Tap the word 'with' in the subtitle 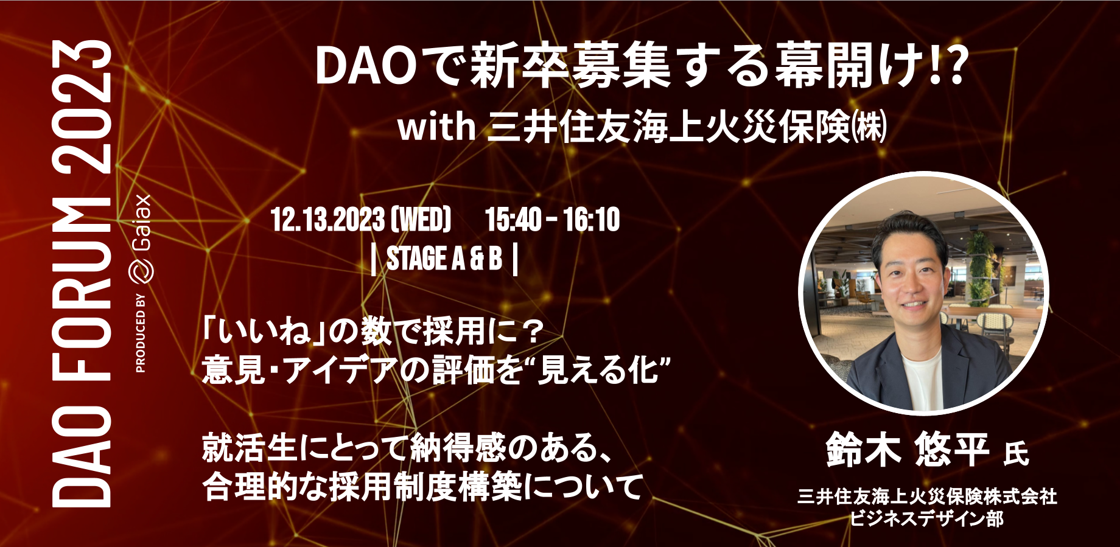[436, 127]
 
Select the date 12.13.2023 [327, 220]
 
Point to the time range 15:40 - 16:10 [552, 220]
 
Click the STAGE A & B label [444, 259]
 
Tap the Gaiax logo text [141, 223]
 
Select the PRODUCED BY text [141, 333]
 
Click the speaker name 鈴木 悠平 [907, 450]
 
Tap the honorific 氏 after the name [1016, 454]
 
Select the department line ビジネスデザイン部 [926, 519]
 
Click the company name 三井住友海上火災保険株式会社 [927, 496]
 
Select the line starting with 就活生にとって [407, 448]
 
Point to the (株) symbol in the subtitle [869, 127]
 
